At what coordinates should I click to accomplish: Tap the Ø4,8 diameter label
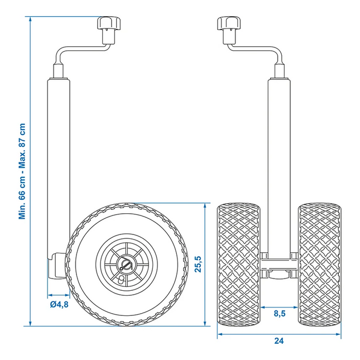point(59,304)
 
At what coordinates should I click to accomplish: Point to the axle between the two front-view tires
point(279,262)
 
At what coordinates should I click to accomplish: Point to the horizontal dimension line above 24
point(279,334)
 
